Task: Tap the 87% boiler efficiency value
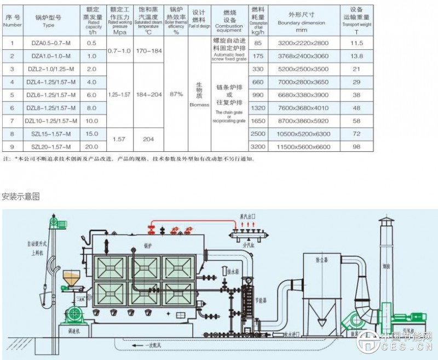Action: (176, 94)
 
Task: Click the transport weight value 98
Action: (356, 147)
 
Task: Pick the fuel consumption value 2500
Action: (258, 134)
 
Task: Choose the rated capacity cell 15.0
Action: (91, 134)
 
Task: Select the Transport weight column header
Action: (356, 19)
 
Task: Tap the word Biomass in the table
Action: (199, 102)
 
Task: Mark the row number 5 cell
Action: (12, 94)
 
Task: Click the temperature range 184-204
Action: (149, 94)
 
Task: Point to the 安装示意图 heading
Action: (21, 196)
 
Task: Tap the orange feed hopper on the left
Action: (71, 277)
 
